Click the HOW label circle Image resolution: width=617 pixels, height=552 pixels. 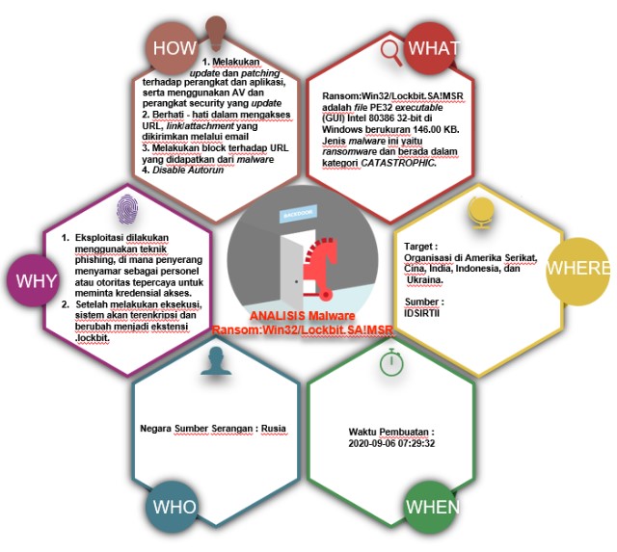click(x=174, y=49)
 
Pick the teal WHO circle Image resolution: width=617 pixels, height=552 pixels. click(x=174, y=507)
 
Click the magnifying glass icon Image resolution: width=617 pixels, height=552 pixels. click(x=389, y=50)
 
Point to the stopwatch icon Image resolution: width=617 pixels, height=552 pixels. click(x=390, y=362)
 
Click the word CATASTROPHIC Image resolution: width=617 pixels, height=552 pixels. click(x=400, y=163)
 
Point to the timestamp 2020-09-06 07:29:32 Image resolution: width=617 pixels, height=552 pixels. click(x=391, y=444)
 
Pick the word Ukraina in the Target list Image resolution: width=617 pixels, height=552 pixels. click(x=425, y=280)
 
